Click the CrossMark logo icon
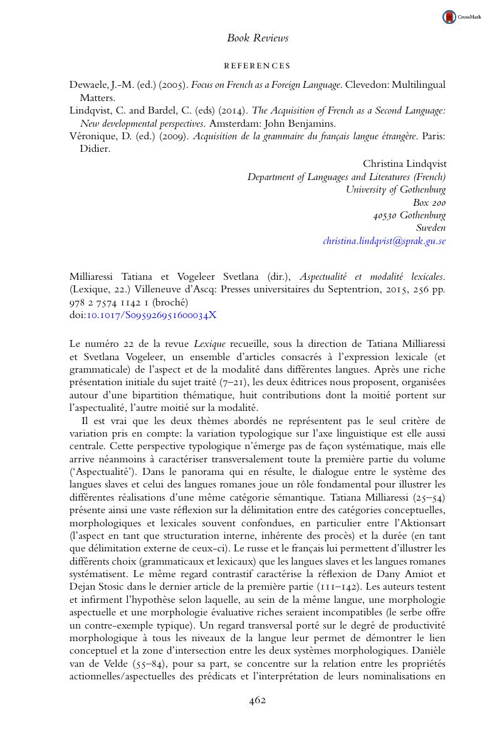449,18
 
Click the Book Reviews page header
258,38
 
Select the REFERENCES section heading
257,66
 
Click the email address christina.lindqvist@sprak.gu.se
384,241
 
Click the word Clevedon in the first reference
368,85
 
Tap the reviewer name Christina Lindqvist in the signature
404,164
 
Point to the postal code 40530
385,215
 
